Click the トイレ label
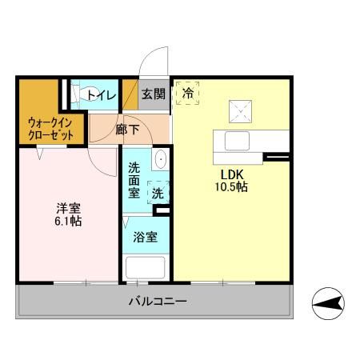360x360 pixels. [x=102, y=95]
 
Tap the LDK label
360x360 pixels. [x=232, y=174]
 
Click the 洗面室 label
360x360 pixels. [x=135, y=182]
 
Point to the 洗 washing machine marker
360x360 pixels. [x=158, y=194]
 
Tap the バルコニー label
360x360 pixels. [x=158, y=302]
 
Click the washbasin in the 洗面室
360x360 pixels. [x=159, y=159]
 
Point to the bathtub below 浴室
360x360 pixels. [x=145, y=266]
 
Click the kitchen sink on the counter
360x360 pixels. [x=239, y=140]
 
